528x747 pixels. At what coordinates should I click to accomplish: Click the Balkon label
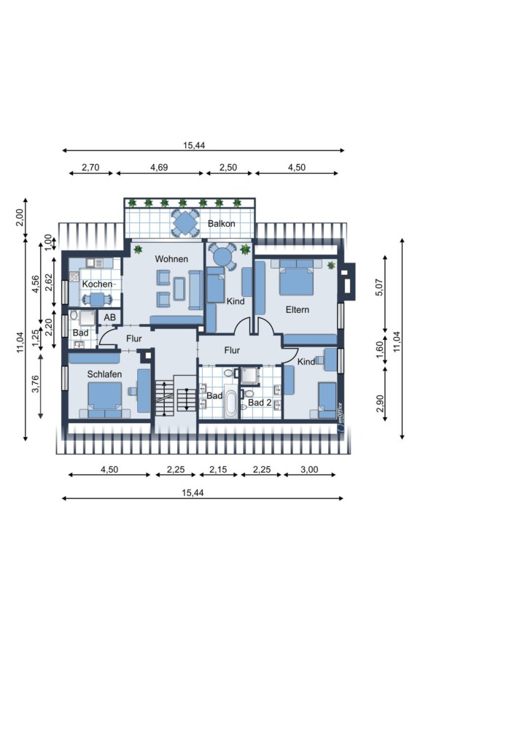pos(222,223)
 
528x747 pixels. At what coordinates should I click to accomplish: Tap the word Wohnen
pos(171,259)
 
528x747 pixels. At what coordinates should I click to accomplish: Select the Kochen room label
pos(97,285)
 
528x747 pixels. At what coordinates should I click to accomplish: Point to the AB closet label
pos(109,317)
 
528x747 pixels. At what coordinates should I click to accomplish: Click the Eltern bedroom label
pos(298,309)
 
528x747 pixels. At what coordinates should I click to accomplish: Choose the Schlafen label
pos(104,374)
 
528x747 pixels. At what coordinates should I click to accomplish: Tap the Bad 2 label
pos(260,403)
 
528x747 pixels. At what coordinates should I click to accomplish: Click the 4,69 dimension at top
pos(159,167)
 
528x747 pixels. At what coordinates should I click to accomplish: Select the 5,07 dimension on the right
pos(379,287)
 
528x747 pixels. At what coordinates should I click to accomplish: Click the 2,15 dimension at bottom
pos(218,469)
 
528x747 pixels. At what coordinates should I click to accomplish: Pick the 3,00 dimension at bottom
pos(309,469)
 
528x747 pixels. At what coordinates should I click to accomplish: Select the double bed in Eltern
pos(297,277)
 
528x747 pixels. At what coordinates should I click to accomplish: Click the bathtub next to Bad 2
pos(231,403)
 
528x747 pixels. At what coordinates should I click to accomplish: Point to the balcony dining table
pos(185,222)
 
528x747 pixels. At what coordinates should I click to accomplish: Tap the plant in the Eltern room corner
pos(331,265)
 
